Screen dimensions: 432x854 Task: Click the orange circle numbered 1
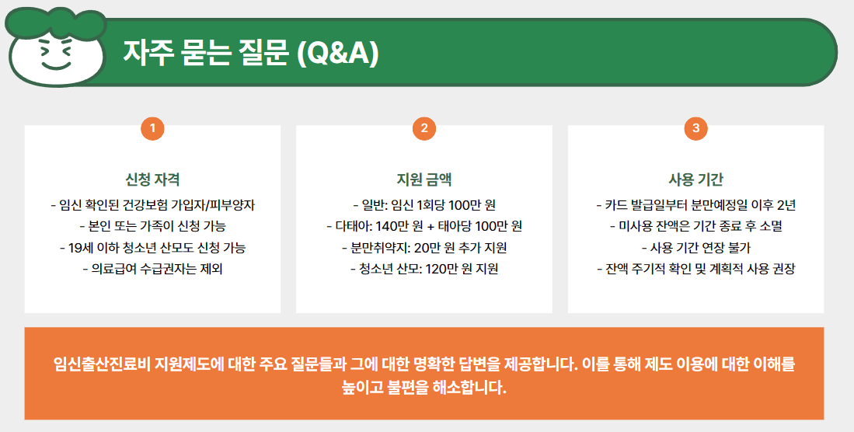pos(152,128)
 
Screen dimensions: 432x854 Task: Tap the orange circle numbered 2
pos(424,128)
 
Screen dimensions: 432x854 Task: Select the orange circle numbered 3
pos(695,128)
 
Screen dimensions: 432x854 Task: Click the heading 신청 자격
pos(152,179)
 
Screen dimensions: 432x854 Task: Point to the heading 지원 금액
pos(424,179)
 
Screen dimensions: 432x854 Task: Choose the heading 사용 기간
pos(695,179)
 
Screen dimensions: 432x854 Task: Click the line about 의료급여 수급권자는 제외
pos(152,269)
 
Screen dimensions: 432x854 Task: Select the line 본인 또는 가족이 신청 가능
pos(152,227)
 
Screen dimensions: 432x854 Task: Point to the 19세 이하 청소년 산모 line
pos(152,248)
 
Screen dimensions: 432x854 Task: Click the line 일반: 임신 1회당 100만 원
pos(424,206)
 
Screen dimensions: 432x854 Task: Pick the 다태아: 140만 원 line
pos(424,227)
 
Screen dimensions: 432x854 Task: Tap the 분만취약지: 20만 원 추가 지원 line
pos(424,248)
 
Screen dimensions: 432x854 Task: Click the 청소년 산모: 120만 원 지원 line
pos(424,269)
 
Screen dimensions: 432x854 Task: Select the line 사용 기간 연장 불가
pos(695,248)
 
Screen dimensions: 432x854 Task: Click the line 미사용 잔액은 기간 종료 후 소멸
pos(695,227)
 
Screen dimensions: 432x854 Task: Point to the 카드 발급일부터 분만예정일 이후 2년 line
pos(695,206)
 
